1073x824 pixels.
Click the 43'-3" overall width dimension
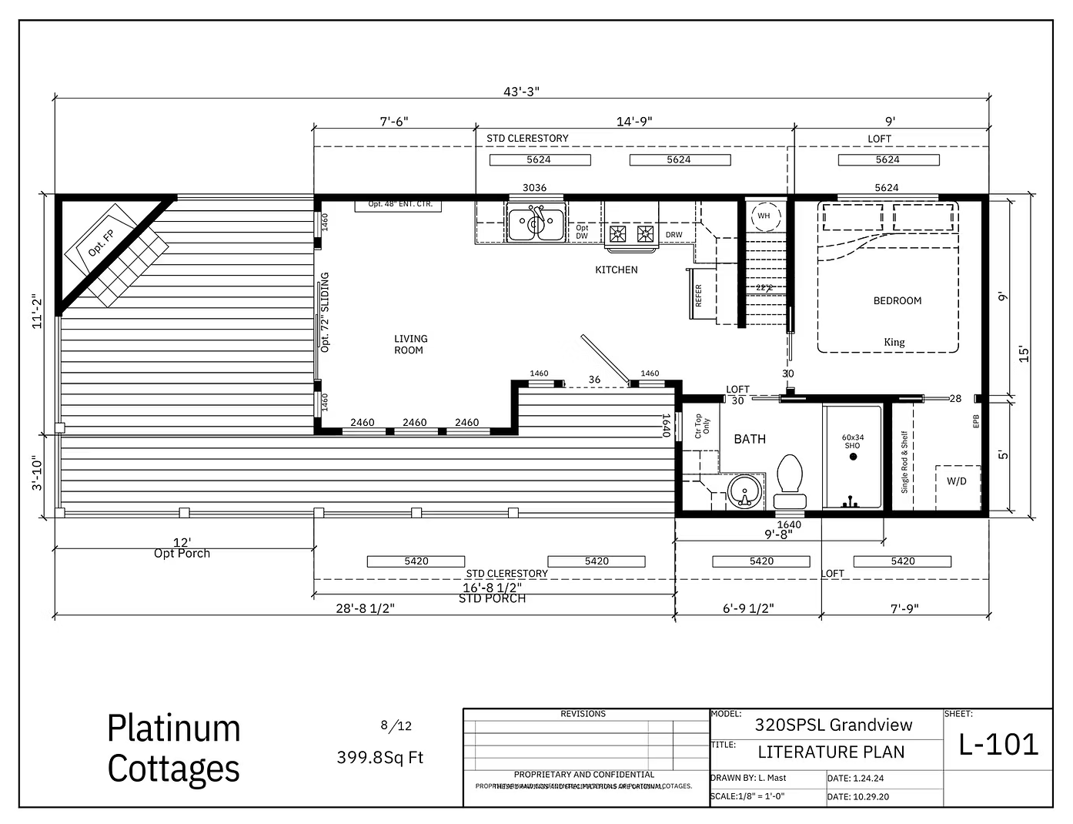click(521, 92)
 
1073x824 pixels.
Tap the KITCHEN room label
click(616, 270)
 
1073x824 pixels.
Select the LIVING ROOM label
click(409, 344)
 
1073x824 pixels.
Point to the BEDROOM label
click(897, 300)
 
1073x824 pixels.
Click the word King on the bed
click(894, 342)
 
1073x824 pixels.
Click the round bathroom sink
click(744, 491)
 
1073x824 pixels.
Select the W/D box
click(957, 481)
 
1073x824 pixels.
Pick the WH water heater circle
click(764, 216)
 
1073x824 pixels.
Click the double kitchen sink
click(536, 223)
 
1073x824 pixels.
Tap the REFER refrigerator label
click(699, 295)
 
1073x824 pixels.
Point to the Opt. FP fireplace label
click(101, 243)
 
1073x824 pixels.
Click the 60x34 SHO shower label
click(852, 441)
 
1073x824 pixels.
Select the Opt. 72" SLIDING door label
click(325, 312)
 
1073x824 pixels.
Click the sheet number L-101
click(998, 744)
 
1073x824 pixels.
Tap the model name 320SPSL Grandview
click(833, 725)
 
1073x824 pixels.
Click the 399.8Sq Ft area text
click(379, 757)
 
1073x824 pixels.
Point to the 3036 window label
click(534, 187)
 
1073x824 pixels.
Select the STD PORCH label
click(492, 598)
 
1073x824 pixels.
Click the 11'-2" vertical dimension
click(35, 311)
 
